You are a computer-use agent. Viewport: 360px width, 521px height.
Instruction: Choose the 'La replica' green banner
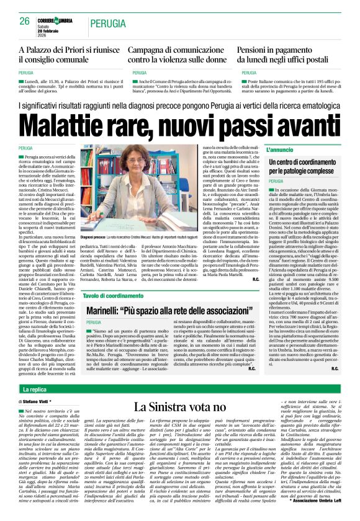(35, 390)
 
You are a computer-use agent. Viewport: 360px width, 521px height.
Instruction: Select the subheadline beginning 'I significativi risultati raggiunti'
(180, 107)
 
